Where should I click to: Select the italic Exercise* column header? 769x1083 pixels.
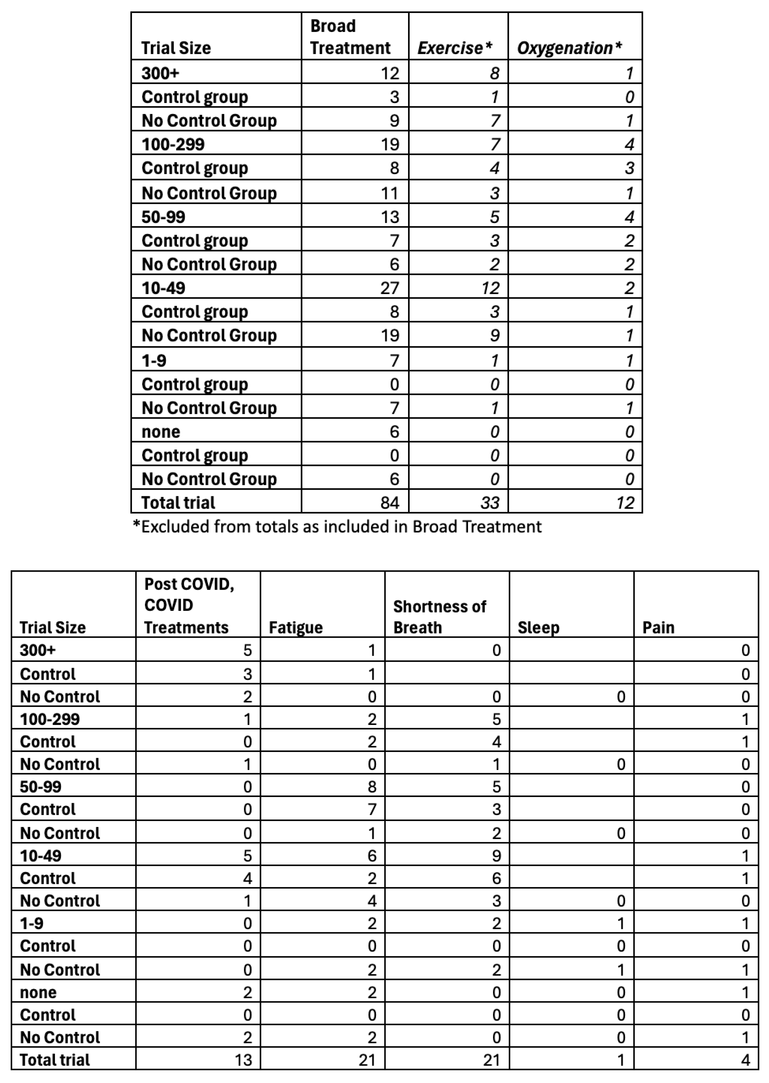(x=455, y=48)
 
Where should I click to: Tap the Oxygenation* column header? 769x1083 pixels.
(x=569, y=48)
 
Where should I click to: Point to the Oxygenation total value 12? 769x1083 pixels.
(x=625, y=503)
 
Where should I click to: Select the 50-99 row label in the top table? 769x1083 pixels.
(x=163, y=217)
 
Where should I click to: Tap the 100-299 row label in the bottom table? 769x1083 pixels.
(x=50, y=719)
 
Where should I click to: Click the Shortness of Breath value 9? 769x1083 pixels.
(x=496, y=856)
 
